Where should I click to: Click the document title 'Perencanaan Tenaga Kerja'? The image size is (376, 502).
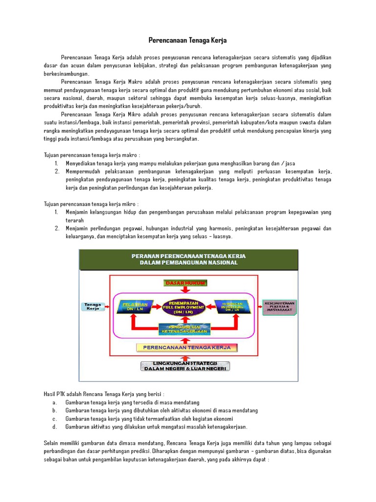(188, 40)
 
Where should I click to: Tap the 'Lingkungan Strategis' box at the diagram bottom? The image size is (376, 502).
(186, 366)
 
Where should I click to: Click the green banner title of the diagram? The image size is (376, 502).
(188, 259)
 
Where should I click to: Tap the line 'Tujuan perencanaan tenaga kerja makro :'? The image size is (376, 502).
(92, 155)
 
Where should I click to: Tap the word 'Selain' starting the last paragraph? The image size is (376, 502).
(52, 443)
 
